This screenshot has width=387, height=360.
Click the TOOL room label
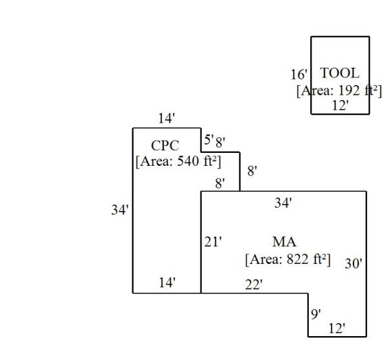coord(339,73)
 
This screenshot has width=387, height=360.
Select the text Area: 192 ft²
coord(339,90)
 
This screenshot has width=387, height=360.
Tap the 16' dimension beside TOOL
coord(299,75)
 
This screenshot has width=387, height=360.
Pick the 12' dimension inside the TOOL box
coord(340,105)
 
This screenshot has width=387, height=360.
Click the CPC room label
coord(164,146)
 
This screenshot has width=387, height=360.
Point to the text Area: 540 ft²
coord(178,161)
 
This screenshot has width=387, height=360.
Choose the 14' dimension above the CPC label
coord(166,118)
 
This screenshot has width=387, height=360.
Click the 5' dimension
coord(208,139)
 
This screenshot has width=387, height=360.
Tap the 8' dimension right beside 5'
coord(220,142)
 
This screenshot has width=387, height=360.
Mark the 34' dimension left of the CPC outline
coord(119,210)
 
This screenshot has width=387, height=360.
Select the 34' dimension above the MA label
coord(283,203)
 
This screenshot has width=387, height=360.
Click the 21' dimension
coord(213,243)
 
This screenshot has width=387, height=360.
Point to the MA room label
coord(284,243)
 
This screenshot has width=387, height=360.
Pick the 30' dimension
coord(353,263)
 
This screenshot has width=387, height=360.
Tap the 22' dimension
coord(253,285)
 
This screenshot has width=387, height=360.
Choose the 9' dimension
coord(316,314)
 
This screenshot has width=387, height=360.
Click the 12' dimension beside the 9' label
coord(337,328)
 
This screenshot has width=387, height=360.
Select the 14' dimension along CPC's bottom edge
coord(167,282)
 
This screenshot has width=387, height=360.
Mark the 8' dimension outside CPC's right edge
coord(252,171)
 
